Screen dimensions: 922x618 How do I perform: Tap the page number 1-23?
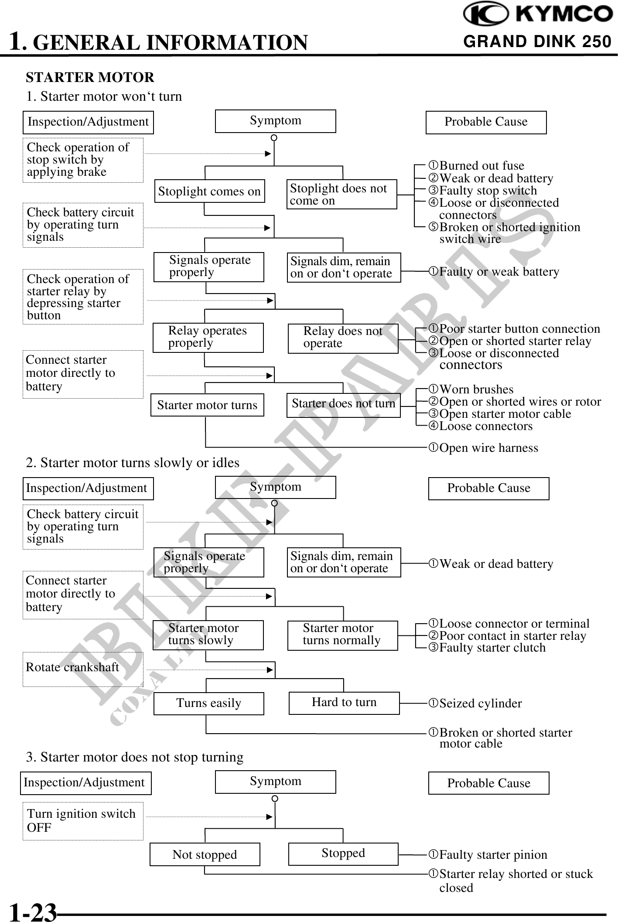click(x=33, y=912)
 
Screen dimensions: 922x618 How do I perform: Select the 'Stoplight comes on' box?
click(x=209, y=191)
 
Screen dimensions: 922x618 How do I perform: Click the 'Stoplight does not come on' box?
click(x=341, y=194)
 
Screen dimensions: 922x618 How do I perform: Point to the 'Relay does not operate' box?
click(x=343, y=338)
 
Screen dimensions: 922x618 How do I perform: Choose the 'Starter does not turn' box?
click(x=343, y=404)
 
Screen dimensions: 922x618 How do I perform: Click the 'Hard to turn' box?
click(x=344, y=703)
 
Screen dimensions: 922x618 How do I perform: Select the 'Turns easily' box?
click(x=208, y=703)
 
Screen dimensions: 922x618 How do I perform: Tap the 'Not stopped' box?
click(x=205, y=854)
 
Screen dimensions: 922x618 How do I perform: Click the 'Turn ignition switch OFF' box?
click(x=83, y=821)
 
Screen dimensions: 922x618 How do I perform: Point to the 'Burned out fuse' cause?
click(x=481, y=166)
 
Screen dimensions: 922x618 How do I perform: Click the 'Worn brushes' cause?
click(x=476, y=389)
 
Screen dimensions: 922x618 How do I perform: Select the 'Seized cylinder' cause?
click(x=480, y=703)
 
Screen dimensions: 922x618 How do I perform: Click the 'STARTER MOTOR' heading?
click(x=90, y=78)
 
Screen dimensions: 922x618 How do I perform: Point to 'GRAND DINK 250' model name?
click(x=537, y=42)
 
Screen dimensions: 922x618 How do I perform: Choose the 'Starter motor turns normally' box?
click(x=342, y=635)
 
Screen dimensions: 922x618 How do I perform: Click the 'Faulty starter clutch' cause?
click(x=492, y=648)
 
